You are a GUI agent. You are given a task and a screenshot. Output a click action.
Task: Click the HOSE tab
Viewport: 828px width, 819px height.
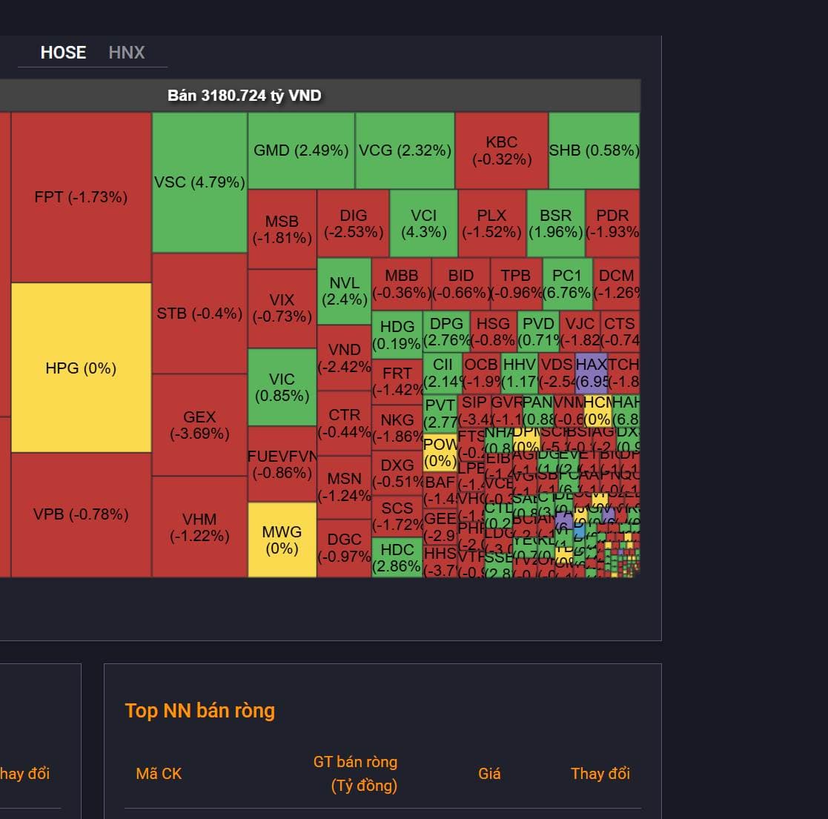63,53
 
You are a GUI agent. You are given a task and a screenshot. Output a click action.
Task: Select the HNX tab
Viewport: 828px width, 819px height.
127,53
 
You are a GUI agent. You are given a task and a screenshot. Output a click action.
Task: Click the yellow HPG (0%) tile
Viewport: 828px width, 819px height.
81,368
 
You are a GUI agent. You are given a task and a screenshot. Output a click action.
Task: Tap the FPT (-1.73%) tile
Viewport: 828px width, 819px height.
81,197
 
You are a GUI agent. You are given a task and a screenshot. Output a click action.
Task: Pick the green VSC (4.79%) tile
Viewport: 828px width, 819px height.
199,182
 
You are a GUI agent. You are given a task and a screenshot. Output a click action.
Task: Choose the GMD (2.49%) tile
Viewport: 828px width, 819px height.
301,150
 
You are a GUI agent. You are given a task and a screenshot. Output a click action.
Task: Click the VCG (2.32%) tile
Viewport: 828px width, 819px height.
405,150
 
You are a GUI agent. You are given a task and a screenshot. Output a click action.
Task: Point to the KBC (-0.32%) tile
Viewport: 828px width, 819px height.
502,150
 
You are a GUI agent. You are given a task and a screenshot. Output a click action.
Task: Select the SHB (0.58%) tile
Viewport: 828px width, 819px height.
594,150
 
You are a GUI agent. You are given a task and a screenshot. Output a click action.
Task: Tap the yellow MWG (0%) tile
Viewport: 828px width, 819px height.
282,540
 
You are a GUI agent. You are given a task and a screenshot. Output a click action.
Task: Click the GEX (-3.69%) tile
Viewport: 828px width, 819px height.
199,425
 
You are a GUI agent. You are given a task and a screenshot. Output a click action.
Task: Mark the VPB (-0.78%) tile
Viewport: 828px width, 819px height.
81,514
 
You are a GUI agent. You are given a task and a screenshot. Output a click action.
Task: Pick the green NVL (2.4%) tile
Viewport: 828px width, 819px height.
344,291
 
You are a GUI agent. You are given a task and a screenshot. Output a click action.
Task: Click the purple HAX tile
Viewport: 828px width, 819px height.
592,373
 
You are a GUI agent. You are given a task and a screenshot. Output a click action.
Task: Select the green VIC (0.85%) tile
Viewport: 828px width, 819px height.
282,387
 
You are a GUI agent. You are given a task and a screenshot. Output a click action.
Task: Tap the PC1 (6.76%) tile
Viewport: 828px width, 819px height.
567,283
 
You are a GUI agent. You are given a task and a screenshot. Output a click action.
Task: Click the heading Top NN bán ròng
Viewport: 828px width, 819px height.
200,711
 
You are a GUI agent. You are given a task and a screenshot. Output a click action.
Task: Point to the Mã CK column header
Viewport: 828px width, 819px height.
159,774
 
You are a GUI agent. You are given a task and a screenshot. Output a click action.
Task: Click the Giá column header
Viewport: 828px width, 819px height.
489,774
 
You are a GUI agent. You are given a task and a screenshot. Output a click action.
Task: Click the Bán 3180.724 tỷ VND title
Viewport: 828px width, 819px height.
245,96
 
